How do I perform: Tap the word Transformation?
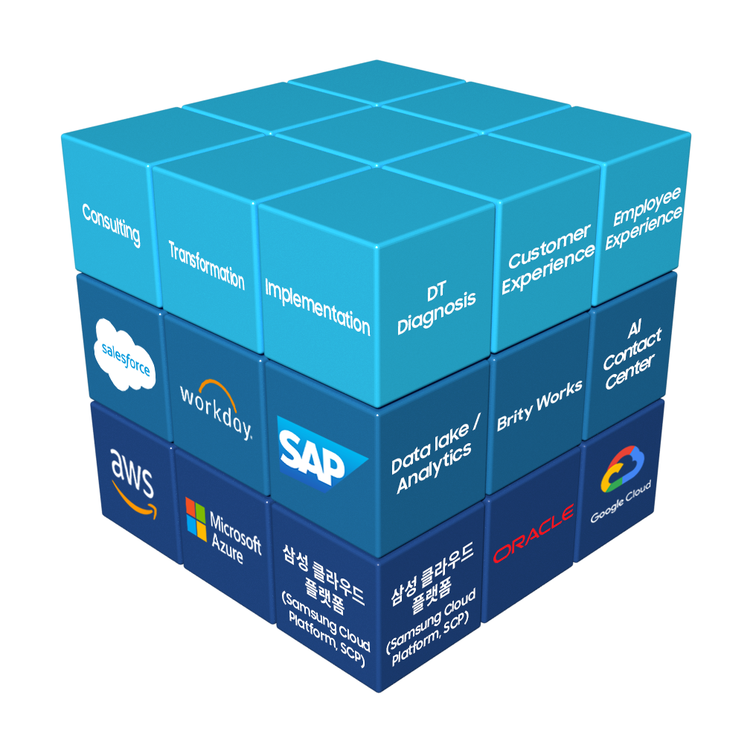click(206, 265)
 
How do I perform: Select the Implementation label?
click(317, 306)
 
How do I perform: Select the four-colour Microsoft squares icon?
click(196, 520)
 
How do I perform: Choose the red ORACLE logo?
click(533, 534)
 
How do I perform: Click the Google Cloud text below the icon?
click(621, 501)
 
